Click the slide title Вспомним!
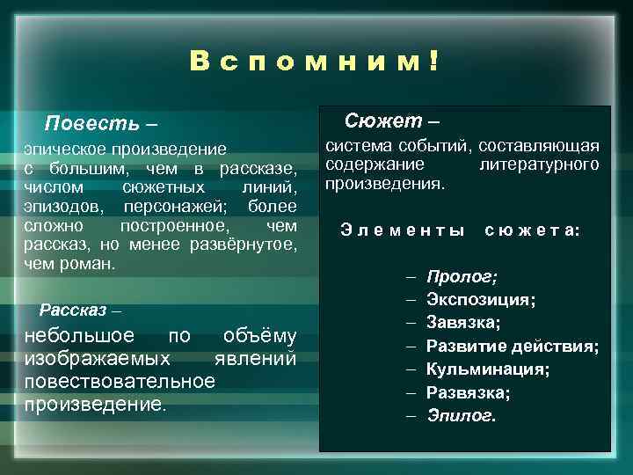click(x=315, y=62)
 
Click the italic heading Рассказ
click(x=73, y=311)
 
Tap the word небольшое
click(x=78, y=337)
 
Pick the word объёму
click(x=259, y=337)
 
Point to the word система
click(x=357, y=146)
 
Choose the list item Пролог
click(x=461, y=277)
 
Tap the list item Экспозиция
click(x=481, y=300)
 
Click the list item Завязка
click(x=463, y=323)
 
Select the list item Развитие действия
click(x=512, y=346)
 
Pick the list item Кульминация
click(x=488, y=369)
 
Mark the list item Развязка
click(x=468, y=391)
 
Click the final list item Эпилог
click(x=461, y=414)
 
